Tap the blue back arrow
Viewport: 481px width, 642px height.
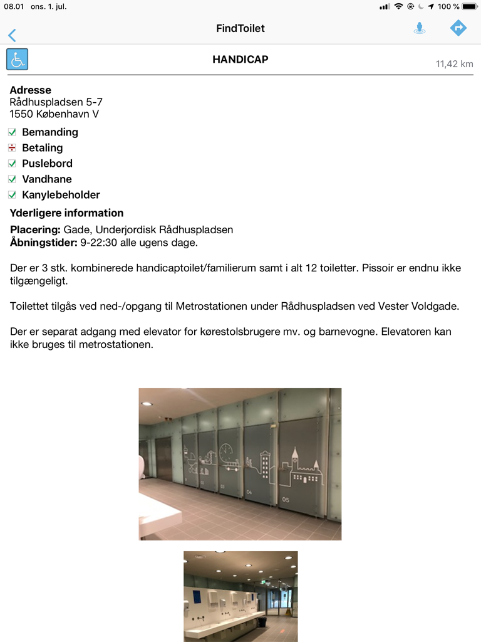tap(12, 35)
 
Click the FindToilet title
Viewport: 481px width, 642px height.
tap(240, 28)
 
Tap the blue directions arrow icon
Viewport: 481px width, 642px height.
tap(458, 28)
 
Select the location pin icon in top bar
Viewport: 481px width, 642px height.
tap(420, 28)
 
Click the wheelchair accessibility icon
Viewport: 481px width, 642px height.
tap(18, 60)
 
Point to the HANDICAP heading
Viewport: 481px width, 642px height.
tap(240, 60)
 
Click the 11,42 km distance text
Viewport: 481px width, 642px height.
tap(454, 64)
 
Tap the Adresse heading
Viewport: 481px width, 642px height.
tap(30, 90)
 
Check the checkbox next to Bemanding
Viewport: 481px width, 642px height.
tap(12, 132)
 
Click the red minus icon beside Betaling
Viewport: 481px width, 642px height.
tap(12, 148)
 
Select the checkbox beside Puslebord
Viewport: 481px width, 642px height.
tap(12, 164)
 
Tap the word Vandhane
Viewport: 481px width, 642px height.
tap(47, 179)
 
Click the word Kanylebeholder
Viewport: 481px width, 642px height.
tap(61, 195)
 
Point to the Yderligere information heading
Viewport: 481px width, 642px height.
tap(66, 213)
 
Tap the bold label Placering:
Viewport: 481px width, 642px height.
tap(35, 230)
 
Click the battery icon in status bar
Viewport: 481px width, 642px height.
tap(469, 6)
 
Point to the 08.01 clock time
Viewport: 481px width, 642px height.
tap(14, 6)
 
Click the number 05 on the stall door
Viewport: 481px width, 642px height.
tap(286, 500)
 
